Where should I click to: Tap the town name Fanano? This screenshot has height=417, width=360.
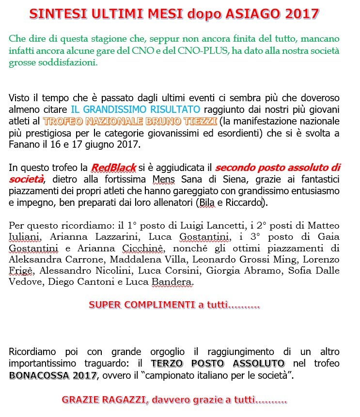coord(24,144)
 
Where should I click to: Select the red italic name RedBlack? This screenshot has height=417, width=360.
coord(109,168)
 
